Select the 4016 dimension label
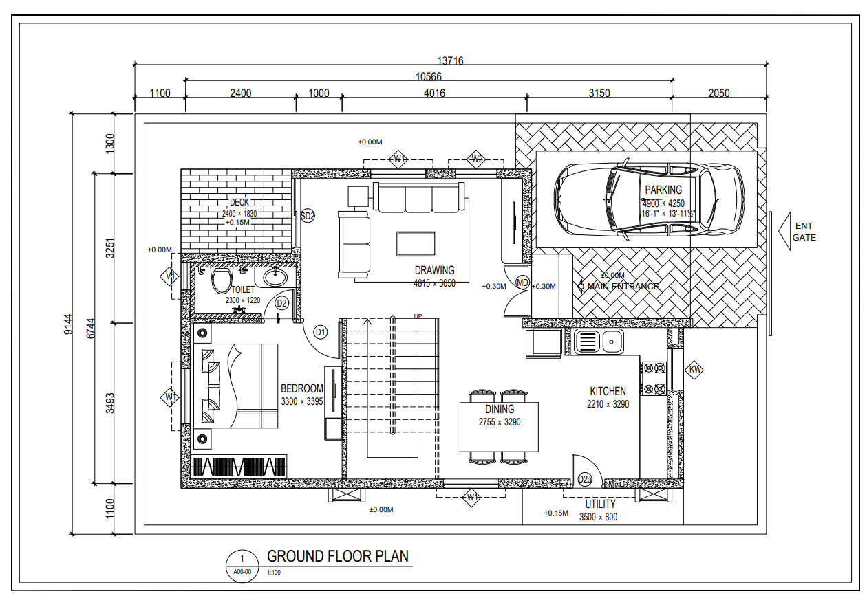point(434,93)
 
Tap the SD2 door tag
point(308,216)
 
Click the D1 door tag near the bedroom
point(321,332)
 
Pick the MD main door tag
point(522,283)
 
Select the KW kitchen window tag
point(695,370)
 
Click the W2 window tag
point(478,159)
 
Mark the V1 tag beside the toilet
point(171,277)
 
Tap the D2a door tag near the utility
point(585,478)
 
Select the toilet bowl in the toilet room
point(221,281)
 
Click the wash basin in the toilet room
point(276,277)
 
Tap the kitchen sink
point(597,341)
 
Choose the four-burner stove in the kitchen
point(654,378)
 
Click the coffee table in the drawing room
point(416,243)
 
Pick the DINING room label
point(500,409)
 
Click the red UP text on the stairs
point(418,316)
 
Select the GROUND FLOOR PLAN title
point(337,556)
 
